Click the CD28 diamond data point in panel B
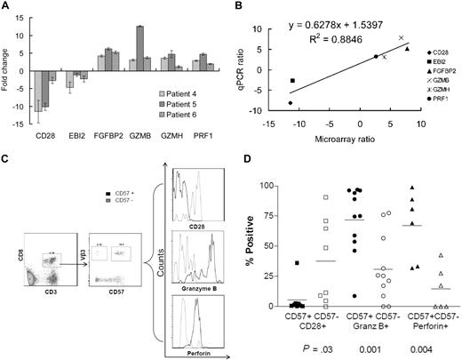pyautogui.click(x=291, y=103)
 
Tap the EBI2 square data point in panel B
pyautogui.click(x=292, y=81)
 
